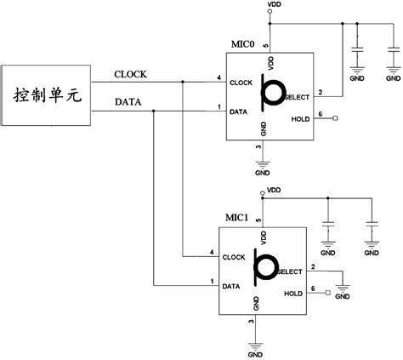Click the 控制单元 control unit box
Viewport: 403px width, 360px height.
[x=48, y=94]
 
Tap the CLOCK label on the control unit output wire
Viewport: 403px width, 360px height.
[x=130, y=74]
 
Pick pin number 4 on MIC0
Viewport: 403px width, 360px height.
[x=219, y=77]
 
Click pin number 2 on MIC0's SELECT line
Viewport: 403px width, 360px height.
[x=320, y=90]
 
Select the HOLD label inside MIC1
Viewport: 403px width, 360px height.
[x=293, y=293]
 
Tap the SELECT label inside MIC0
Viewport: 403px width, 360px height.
[x=297, y=97]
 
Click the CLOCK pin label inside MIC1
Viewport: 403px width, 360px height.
[x=234, y=256]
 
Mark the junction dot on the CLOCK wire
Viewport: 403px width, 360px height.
[x=182, y=82]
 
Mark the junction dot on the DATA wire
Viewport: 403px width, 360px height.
[x=154, y=110]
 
